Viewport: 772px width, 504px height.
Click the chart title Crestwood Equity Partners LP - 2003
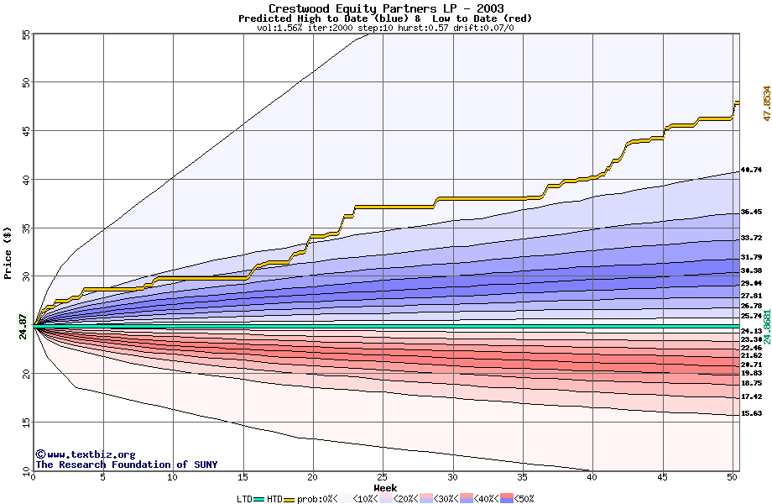[x=386, y=8]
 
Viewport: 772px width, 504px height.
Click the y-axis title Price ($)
[x=8, y=253]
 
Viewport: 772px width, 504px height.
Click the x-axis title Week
[x=385, y=488]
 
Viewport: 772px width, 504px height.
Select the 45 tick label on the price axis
[x=25, y=131]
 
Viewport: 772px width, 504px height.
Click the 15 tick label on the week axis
[x=243, y=478]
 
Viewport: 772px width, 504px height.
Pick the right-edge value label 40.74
[x=751, y=170]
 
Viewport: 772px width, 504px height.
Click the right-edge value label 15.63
[x=751, y=413]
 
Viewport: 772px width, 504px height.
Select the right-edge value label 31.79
[x=751, y=257]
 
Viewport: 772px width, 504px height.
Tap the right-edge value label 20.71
[x=751, y=365]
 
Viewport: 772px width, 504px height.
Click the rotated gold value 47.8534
[x=766, y=103]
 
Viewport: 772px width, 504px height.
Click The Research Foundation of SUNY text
[x=126, y=465]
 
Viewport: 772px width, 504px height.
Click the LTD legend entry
[x=244, y=499]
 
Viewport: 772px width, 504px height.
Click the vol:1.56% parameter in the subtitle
[x=279, y=28]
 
